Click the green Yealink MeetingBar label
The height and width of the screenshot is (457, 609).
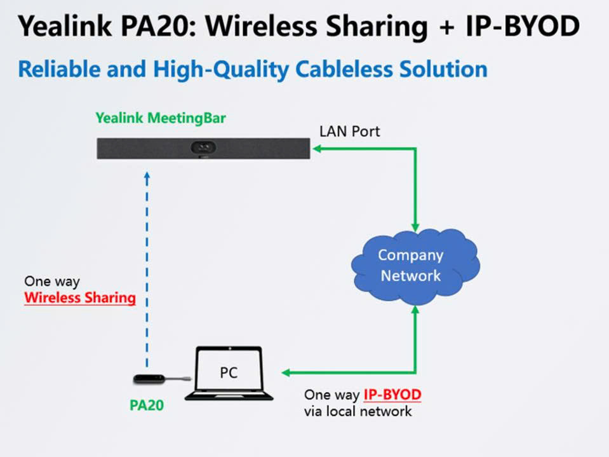point(160,118)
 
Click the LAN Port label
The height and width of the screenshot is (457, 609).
point(350,132)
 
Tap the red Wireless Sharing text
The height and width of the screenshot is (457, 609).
point(80,297)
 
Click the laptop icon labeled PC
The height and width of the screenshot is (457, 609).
point(229,374)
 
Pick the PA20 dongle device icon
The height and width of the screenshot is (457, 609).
point(151,379)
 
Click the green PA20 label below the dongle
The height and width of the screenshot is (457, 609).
point(147,405)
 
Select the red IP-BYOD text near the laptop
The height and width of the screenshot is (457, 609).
point(392,395)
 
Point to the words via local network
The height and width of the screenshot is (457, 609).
point(358,411)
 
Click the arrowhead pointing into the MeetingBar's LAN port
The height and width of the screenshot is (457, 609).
point(316,149)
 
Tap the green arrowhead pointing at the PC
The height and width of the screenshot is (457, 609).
point(286,372)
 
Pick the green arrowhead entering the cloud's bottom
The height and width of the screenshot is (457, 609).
point(415,309)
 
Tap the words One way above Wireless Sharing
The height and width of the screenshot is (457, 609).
point(52,281)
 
